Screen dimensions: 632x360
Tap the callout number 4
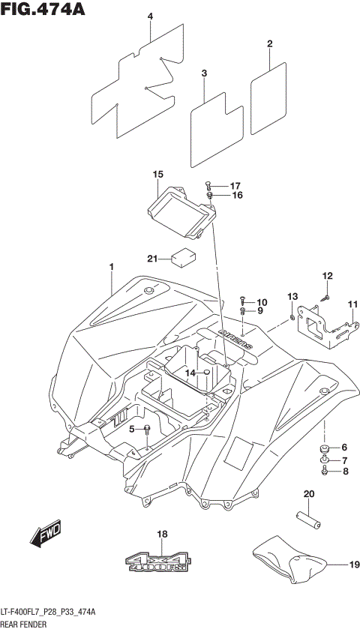click(x=150, y=16)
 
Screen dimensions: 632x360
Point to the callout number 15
click(x=157, y=175)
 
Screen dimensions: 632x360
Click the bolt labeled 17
click(x=208, y=185)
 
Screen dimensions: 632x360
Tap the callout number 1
click(x=111, y=267)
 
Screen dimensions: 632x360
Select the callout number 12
click(x=326, y=276)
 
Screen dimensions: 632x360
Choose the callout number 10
click(x=262, y=302)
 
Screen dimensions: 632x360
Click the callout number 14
click(x=190, y=373)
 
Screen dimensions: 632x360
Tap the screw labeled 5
click(x=147, y=429)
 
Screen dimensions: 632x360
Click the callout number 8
click(x=345, y=472)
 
